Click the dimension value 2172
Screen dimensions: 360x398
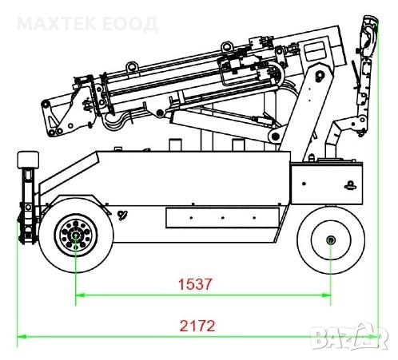tap(197, 326)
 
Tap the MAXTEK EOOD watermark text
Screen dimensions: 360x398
tap(87, 23)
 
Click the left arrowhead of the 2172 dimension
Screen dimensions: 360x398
tap(22, 337)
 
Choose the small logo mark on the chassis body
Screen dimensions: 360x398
tap(121, 212)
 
